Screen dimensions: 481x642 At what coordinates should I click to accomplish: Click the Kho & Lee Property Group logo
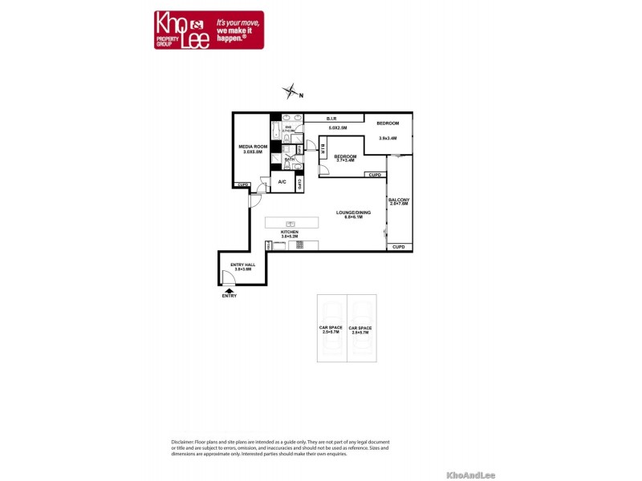pyautogui.click(x=209, y=30)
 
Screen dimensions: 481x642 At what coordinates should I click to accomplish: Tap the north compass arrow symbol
pyautogui.click(x=293, y=92)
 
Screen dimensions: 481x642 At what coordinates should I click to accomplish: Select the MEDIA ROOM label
pyautogui.click(x=254, y=147)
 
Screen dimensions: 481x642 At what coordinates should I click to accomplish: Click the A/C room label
pyautogui.click(x=282, y=182)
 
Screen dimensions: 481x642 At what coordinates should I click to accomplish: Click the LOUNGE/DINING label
pyautogui.click(x=354, y=212)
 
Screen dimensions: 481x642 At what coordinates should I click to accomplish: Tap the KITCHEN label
pyautogui.click(x=290, y=232)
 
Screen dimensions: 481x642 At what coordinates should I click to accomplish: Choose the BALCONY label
pyautogui.click(x=399, y=200)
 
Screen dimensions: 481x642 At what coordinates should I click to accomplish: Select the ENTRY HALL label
pyautogui.click(x=243, y=265)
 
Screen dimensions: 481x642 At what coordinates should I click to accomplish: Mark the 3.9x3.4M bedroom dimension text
pyautogui.click(x=388, y=138)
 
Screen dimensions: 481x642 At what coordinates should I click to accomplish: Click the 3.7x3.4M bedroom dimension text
pyautogui.click(x=345, y=160)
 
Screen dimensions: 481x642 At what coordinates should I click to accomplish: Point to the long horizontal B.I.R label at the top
pyautogui.click(x=331, y=118)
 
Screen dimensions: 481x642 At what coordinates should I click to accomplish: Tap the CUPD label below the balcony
pyautogui.click(x=399, y=247)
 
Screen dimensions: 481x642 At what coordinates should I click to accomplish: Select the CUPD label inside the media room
pyautogui.click(x=242, y=185)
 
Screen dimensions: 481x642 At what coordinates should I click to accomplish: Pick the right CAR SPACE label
pyautogui.click(x=360, y=328)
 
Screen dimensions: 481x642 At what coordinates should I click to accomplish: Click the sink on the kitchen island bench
pyautogui.click(x=291, y=223)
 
